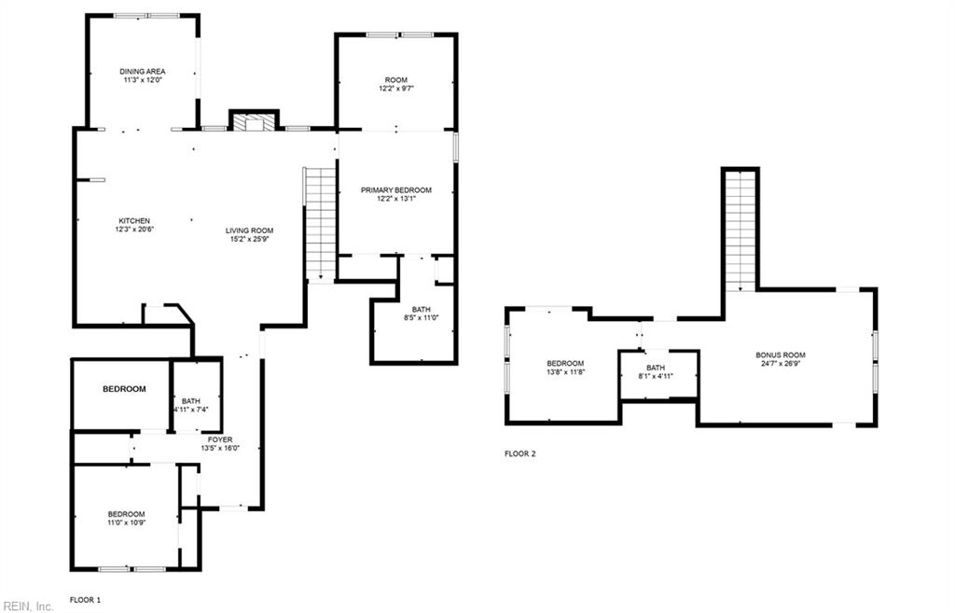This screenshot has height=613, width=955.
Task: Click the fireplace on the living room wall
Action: (254, 122)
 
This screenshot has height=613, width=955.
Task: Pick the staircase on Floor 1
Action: (320, 223)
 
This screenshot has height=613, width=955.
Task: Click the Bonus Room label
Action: (781, 355)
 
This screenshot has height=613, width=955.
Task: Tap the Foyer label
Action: (220, 439)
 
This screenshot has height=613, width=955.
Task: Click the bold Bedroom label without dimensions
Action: (124, 389)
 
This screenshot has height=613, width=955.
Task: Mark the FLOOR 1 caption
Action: (85, 598)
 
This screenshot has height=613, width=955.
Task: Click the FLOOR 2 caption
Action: (520, 453)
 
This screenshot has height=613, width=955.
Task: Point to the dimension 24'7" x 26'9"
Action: (781, 364)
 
